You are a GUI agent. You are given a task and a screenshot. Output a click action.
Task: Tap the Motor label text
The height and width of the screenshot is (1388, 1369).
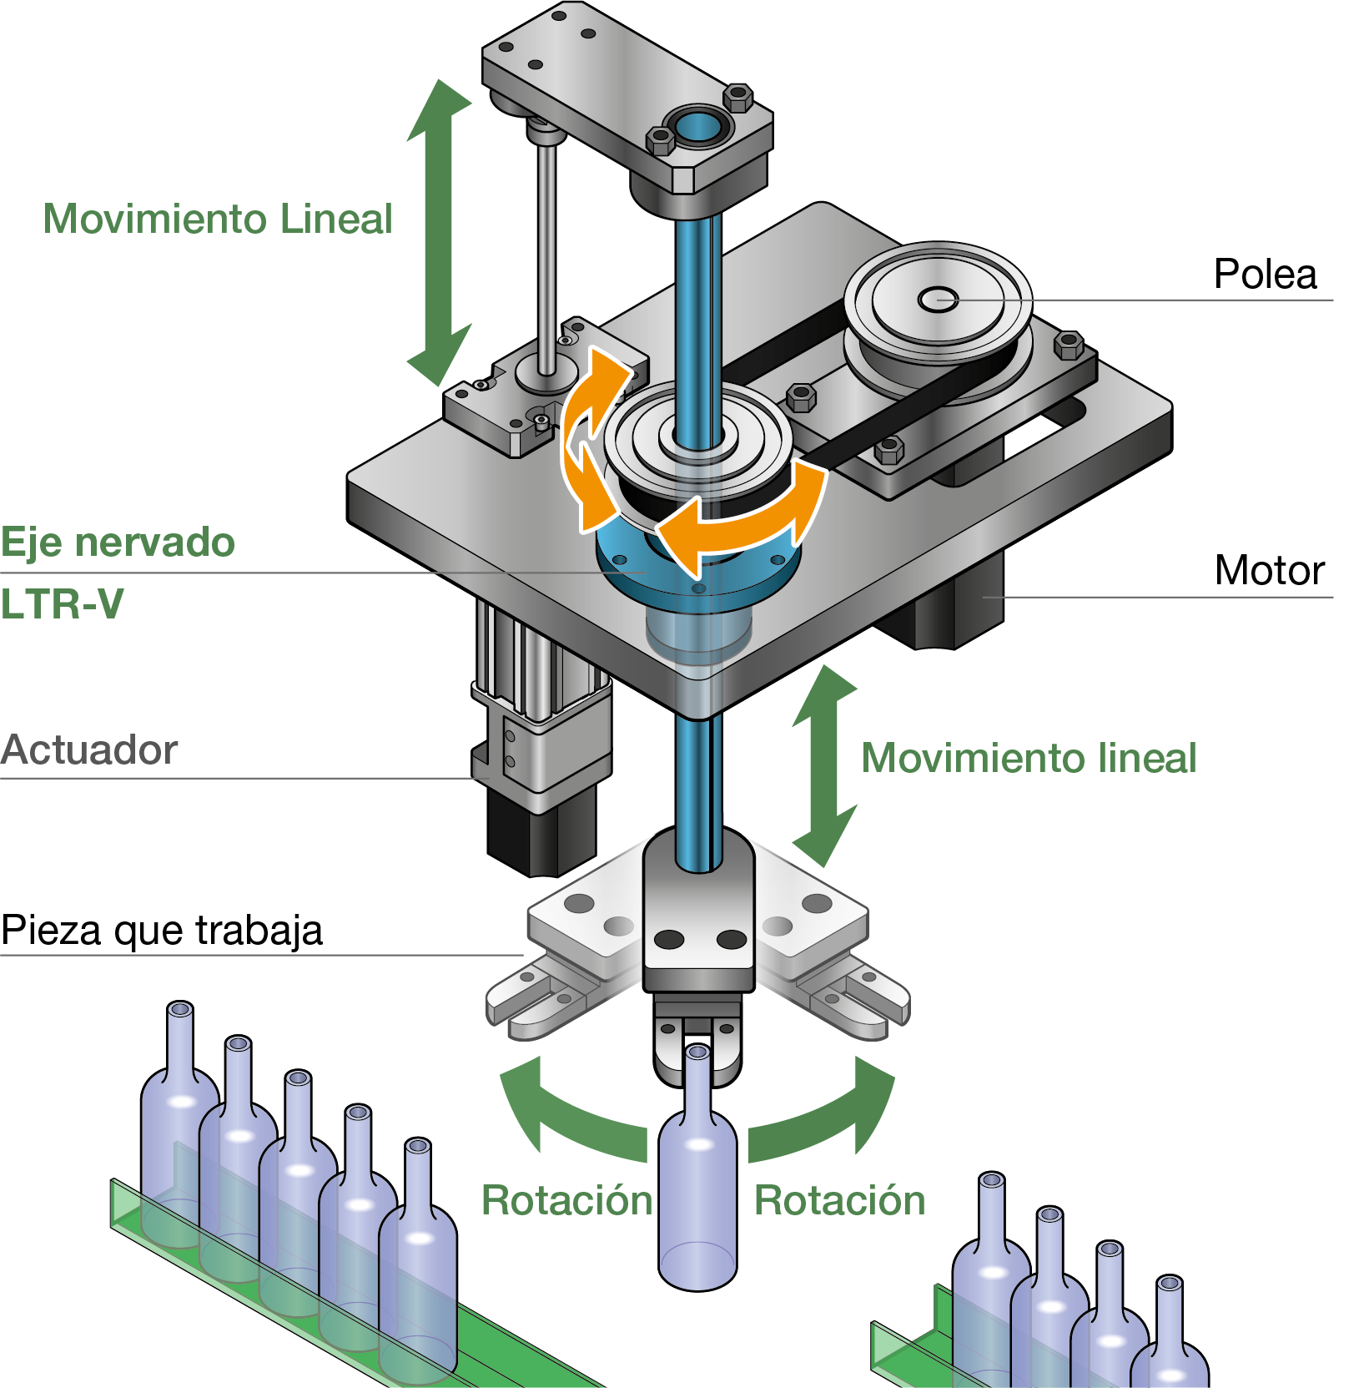point(1269,571)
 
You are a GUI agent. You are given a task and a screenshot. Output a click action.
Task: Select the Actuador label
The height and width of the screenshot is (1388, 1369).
point(89,750)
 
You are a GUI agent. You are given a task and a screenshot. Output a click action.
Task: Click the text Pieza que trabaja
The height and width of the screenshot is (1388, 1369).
point(162,930)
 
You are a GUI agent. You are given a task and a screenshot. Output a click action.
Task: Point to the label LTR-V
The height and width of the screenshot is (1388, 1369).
point(62,603)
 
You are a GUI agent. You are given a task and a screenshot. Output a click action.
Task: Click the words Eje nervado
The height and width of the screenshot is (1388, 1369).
point(118,543)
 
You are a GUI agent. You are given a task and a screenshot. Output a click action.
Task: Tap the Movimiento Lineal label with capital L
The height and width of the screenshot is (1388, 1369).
point(217,220)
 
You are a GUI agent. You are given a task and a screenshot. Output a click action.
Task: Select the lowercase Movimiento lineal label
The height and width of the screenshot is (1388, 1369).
point(1028,759)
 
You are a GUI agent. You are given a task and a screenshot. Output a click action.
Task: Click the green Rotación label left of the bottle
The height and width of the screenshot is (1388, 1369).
point(566,1201)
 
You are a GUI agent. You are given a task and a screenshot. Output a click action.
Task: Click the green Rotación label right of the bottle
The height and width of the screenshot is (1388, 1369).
point(839,1201)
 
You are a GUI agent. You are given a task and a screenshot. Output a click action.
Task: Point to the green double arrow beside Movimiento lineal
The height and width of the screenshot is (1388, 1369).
point(824,765)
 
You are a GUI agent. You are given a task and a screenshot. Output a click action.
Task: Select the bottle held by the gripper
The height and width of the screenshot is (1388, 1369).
point(697,1185)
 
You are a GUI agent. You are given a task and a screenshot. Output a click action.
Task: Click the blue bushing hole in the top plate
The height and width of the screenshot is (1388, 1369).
point(697,128)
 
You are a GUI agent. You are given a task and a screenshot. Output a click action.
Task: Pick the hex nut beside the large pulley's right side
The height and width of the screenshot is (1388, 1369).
point(1068,344)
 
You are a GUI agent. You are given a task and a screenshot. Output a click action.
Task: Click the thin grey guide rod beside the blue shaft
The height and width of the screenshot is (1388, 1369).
point(546,250)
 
